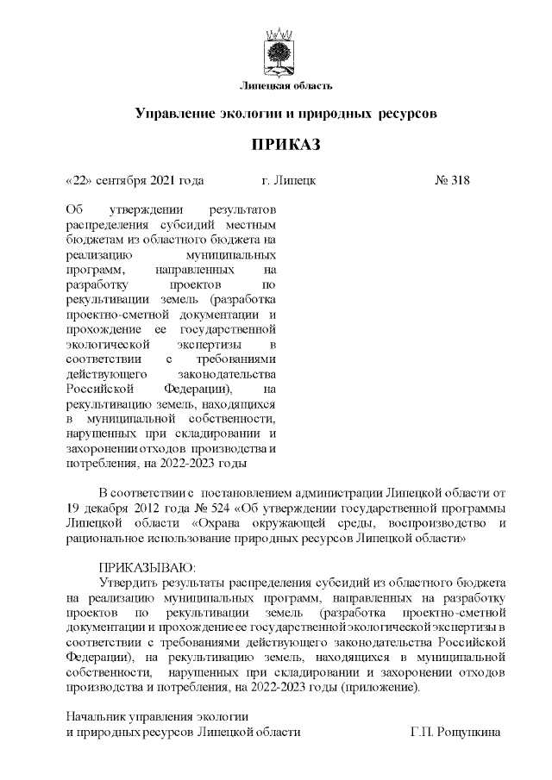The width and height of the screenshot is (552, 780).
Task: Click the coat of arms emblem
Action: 277,53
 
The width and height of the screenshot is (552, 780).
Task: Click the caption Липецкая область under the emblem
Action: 278,84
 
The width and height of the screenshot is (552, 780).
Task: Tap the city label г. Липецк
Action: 289,181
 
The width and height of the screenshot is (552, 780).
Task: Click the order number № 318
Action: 452,181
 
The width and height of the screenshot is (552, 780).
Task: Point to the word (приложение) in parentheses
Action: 385,687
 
